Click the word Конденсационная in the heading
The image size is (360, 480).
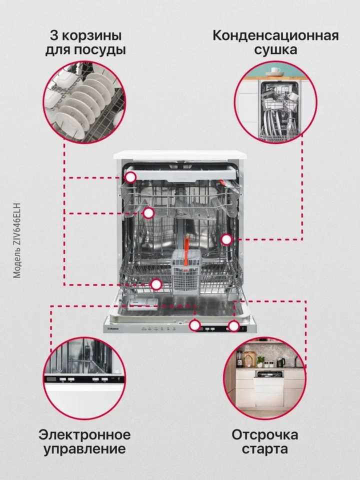click(275, 35)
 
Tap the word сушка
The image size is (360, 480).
click(275, 50)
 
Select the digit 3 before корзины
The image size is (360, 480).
click(54, 35)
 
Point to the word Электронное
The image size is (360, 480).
click(84, 434)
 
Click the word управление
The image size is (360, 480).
click(84, 449)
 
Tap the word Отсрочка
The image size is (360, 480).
click(265, 434)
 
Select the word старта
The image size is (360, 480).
click(265, 449)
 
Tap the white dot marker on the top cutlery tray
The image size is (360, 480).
click(130, 177)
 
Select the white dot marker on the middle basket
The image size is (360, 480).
click(148, 213)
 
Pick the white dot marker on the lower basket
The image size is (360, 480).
click(156, 284)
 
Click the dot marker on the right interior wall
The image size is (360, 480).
click(226, 239)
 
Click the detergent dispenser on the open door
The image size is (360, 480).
click(142, 304)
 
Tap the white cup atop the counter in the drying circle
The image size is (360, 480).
click(274, 71)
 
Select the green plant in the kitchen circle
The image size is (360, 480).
click(260, 360)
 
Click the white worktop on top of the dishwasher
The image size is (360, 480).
click(180, 155)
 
